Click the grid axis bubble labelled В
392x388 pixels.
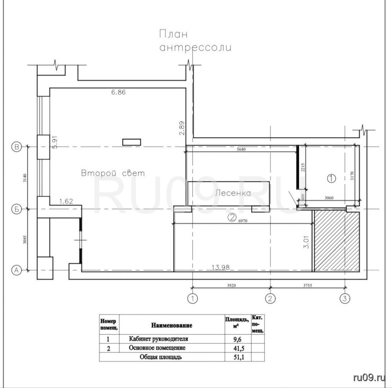tap(17, 147)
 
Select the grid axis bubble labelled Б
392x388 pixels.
tap(17, 209)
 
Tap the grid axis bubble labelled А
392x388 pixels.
tap(17, 270)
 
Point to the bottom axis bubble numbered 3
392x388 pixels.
tap(345, 298)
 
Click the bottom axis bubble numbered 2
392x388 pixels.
tap(270, 298)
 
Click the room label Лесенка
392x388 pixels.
tap(233, 193)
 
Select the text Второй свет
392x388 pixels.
tap(113, 173)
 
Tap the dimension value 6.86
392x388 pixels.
tap(119, 92)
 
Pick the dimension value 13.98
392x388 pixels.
tap(220, 267)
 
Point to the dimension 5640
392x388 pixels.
tap(241, 149)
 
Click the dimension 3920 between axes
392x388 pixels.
tap(231, 285)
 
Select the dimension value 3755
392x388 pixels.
tap(307, 285)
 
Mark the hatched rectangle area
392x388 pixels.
tap(337, 241)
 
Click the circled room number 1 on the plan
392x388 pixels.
tap(332, 178)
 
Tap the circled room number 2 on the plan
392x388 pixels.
tap(232, 218)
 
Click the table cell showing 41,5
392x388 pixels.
tap(239, 348)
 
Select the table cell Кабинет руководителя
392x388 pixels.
tap(158, 339)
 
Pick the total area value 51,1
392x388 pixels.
tap(239, 357)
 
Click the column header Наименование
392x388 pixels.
tap(172, 325)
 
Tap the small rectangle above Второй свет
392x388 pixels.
tap(132, 142)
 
